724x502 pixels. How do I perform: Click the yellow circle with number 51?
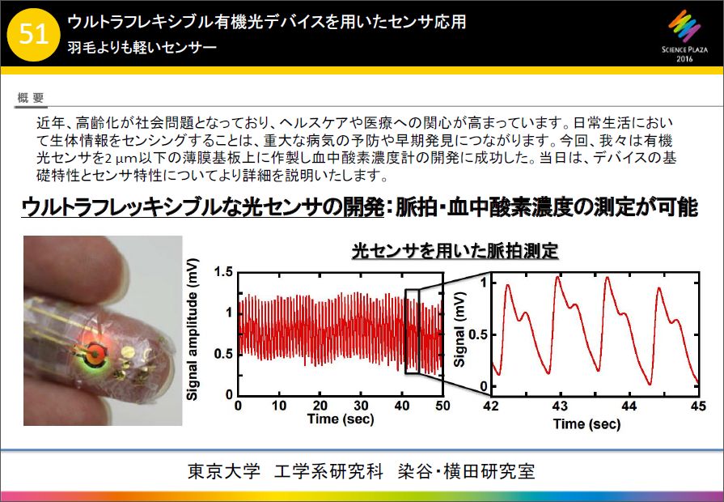(34, 35)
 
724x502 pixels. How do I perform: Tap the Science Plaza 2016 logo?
(684, 36)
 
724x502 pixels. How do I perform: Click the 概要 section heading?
(31, 97)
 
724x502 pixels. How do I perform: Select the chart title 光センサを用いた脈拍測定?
(455, 252)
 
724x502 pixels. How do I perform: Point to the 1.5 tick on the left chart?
(223, 272)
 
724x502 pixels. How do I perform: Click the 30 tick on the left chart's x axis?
(361, 406)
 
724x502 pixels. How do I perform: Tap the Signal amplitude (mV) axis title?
(193, 330)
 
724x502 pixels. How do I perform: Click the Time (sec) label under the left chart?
(341, 419)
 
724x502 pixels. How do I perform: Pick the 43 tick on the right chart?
(560, 406)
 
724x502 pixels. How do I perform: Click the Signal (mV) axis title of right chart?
(459, 329)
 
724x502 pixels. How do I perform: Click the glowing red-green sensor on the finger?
(95, 354)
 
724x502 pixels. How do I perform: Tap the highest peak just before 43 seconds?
(558, 277)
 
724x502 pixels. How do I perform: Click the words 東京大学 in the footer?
(224, 471)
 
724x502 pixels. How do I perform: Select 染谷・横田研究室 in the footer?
(466, 471)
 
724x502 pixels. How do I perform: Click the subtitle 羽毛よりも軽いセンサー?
(142, 48)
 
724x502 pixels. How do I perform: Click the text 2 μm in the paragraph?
(118, 159)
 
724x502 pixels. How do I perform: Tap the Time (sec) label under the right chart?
(586, 424)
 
